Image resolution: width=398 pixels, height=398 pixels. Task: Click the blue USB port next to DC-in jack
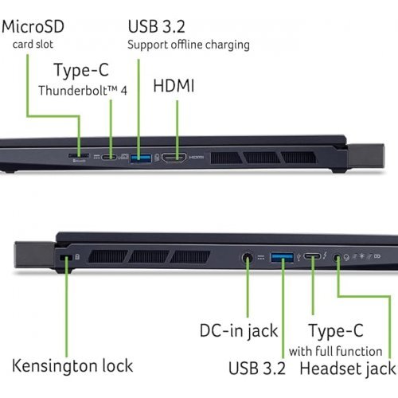[x=283, y=257]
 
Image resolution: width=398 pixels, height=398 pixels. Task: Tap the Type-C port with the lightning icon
[x=313, y=257]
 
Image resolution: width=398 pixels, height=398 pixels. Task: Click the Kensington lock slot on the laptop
[x=66, y=257]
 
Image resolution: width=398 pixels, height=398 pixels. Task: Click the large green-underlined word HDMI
[x=173, y=86]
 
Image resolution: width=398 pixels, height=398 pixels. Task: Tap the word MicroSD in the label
[x=34, y=26]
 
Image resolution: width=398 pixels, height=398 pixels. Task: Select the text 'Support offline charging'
[x=189, y=45]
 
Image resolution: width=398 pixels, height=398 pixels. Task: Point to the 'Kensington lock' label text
[x=72, y=365]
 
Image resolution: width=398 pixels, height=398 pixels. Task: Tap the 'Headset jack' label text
[x=347, y=369]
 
